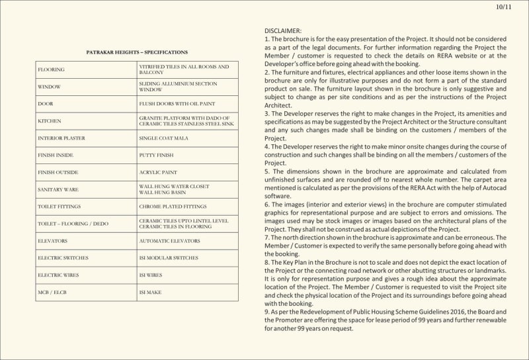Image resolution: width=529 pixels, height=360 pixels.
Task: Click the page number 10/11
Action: tap(503, 7)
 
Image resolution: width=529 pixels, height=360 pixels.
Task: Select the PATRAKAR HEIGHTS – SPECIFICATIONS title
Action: tap(137, 52)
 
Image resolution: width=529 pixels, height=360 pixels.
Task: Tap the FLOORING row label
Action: tap(52, 69)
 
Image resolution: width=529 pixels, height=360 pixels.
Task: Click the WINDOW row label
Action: tap(50, 87)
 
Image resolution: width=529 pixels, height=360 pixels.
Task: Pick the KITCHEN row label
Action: tap(50, 121)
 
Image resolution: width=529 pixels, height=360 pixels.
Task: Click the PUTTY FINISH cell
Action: tap(157, 155)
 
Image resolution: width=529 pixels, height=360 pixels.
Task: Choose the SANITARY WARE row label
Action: tap(58, 189)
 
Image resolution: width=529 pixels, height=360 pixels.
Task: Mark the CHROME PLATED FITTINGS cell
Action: tap(173, 206)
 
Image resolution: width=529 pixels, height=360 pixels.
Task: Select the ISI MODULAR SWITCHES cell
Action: tap(168, 258)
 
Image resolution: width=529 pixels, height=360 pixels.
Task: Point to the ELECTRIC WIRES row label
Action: tap(59, 275)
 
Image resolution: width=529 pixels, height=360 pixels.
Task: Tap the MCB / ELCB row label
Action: tap(52, 292)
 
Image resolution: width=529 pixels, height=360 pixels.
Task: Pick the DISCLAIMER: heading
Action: tap(283, 31)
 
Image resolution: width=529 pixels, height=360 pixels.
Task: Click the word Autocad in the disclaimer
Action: tap(492, 187)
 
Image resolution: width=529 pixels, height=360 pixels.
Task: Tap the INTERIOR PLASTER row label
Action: tap(61, 138)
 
